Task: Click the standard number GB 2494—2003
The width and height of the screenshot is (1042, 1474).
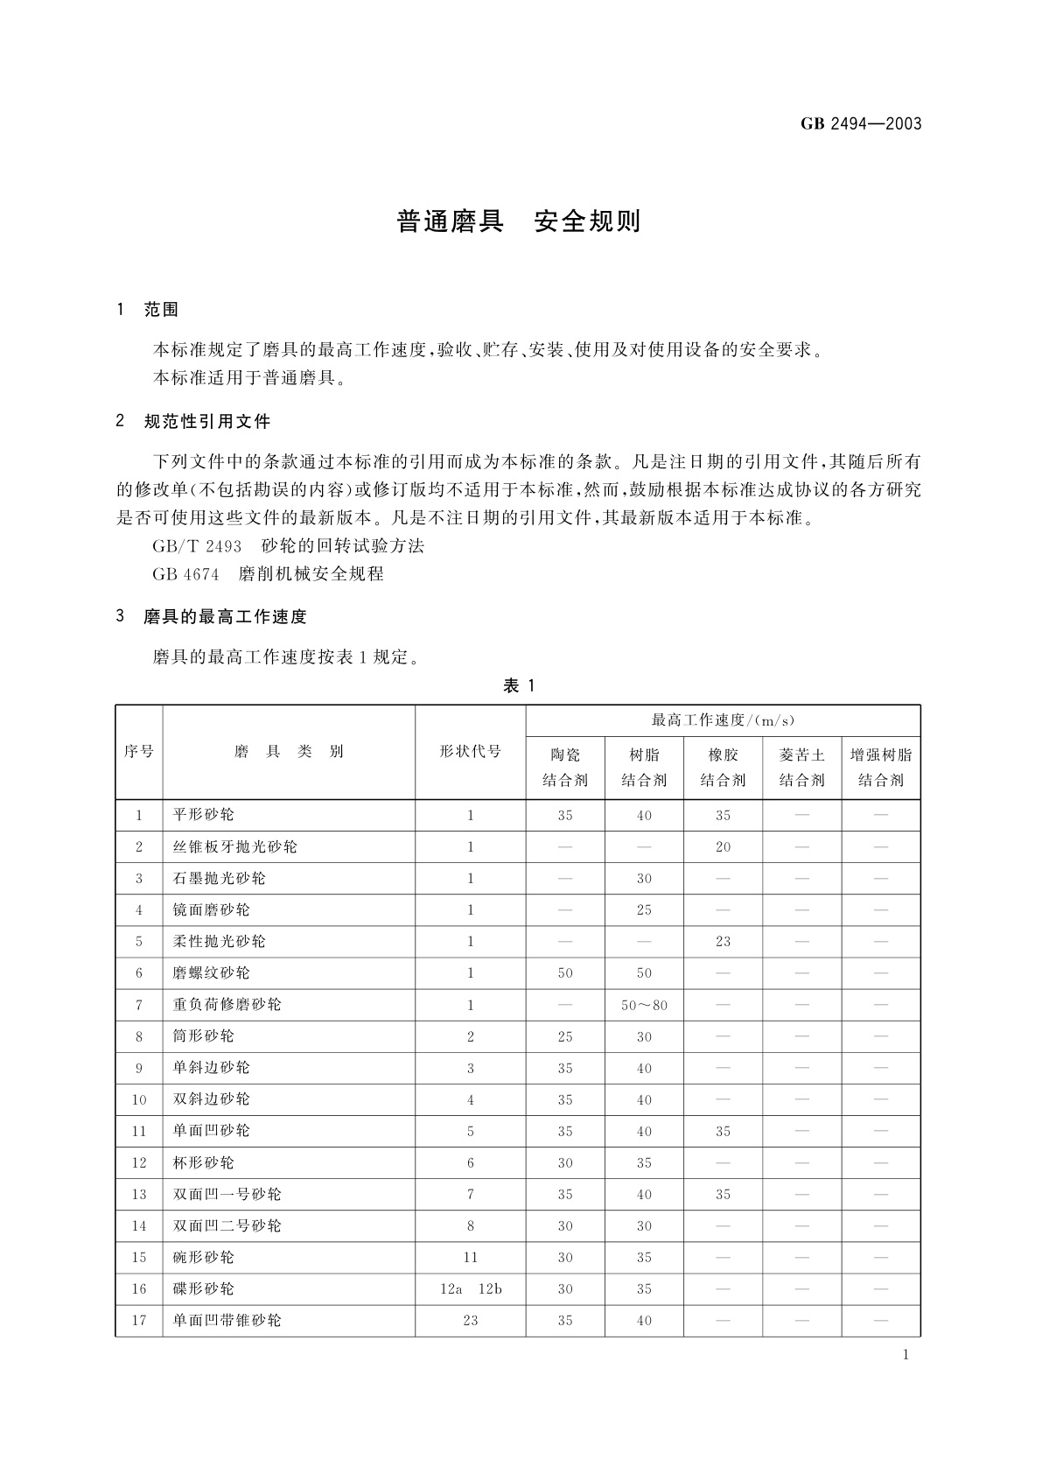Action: click(x=861, y=123)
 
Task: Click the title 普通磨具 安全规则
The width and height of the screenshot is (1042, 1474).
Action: click(x=519, y=221)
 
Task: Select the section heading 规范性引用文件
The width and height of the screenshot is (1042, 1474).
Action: click(x=206, y=422)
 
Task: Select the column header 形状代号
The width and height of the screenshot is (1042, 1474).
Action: click(x=470, y=752)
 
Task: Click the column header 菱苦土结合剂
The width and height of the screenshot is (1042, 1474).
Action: click(x=801, y=767)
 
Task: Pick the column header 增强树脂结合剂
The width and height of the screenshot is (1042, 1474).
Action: click(x=880, y=767)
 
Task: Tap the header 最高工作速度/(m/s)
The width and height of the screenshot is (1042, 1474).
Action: click(x=723, y=720)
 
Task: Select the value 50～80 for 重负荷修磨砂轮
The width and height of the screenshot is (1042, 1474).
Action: click(x=644, y=1005)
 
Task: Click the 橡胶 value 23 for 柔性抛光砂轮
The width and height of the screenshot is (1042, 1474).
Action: click(x=723, y=942)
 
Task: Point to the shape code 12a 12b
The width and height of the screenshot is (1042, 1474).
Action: click(x=470, y=1288)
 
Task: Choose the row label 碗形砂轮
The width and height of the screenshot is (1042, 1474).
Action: click(x=203, y=1257)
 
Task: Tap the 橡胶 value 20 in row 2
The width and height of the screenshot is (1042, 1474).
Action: click(x=723, y=847)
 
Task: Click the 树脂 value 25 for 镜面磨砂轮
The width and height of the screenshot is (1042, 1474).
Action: click(x=644, y=910)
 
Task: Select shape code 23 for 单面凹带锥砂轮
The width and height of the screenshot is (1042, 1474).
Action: click(x=470, y=1320)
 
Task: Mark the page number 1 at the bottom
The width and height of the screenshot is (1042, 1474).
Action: click(x=906, y=1355)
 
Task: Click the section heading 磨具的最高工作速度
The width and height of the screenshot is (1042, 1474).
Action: click(x=225, y=617)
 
